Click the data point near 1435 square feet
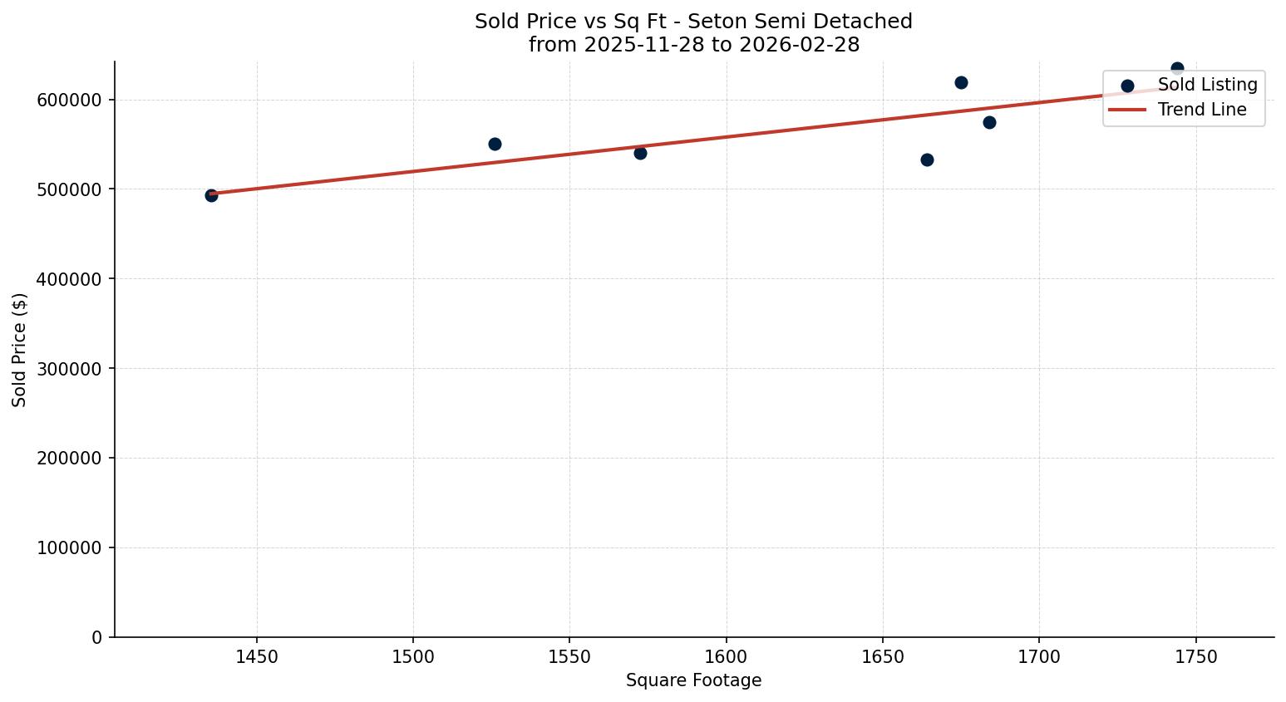(x=211, y=195)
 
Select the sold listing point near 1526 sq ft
(x=495, y=144)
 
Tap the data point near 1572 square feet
(x=640, y=153)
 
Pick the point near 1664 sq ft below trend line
(x=927, y=160)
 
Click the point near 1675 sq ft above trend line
(x=961, y=82)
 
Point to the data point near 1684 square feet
(x=989, y=122)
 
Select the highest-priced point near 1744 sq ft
(x=1177, y=68)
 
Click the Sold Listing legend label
(x=1207, y=85)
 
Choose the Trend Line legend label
(x=1202, y=110)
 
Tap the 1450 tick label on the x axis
(x=257, y=657)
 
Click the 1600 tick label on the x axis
(x=727, y=657)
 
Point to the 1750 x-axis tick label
(x=1196, y=657)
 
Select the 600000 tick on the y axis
(x=70, y=100)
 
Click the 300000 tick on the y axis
(x=70, y=369)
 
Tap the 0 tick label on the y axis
(x=97, y=637)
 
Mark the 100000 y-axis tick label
(x=70, y=548)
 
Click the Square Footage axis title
(x=693, y=680)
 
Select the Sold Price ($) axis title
(x=20, y=350)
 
